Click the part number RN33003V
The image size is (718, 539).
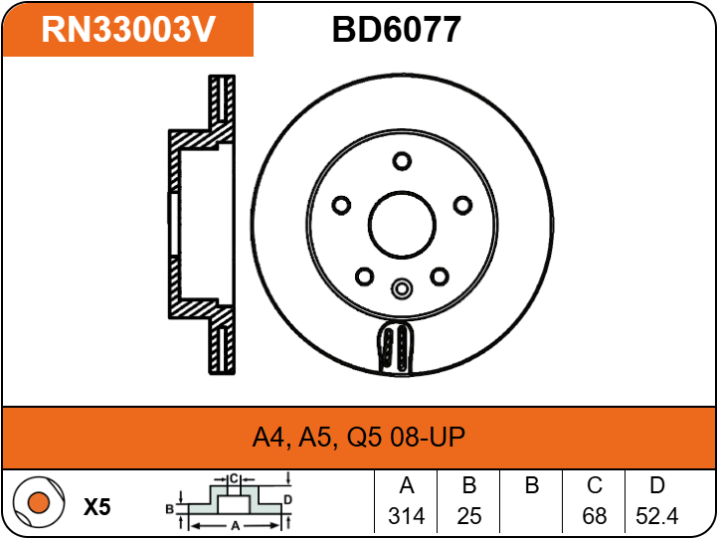point(128,29)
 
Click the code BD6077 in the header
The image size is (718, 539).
point(396,30)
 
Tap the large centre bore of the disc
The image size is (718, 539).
point(402,225)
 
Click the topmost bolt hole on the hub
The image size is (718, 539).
point(402,161)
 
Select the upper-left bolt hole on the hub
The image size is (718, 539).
point(341,205)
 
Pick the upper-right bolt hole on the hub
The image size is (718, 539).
point(463,205)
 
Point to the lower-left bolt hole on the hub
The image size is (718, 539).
point(365,276)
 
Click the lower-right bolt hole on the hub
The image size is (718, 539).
point(440,276)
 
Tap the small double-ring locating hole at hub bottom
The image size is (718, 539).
point(402,288)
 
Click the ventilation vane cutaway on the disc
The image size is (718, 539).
point(396,347)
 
